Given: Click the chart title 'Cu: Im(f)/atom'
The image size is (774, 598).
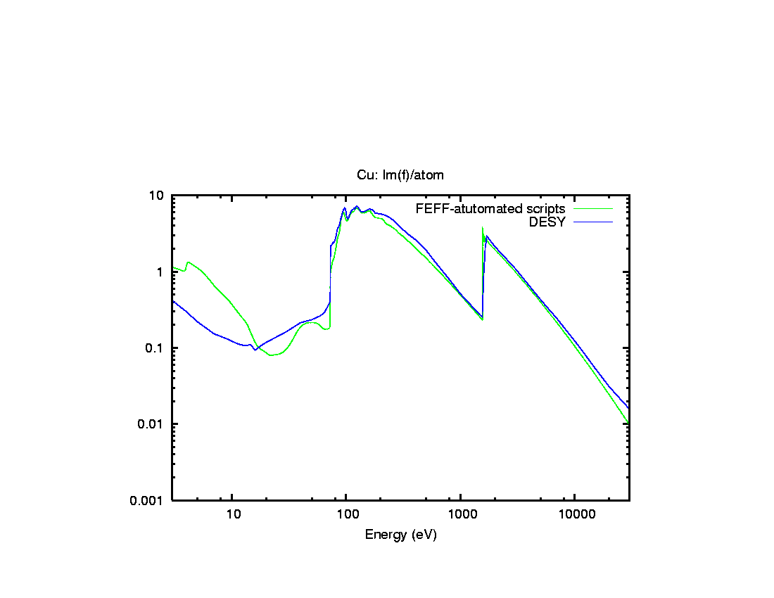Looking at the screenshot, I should coord(400,174).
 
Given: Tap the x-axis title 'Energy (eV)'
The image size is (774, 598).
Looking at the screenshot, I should coord(400,535).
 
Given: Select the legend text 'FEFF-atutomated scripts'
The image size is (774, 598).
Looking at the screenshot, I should coord(490,209).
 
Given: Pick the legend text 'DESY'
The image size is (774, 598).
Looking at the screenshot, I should coord(547,222).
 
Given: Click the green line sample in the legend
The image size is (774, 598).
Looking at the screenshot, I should coord(593,209).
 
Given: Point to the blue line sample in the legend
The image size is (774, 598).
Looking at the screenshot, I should coord(593,222).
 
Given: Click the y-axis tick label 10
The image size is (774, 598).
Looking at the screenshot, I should coord(158,196).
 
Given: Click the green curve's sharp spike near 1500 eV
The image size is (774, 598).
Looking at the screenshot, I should coord(483,228).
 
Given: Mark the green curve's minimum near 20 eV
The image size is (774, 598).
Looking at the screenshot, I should coord(272,355).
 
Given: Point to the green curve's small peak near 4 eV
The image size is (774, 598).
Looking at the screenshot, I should coord(188,262).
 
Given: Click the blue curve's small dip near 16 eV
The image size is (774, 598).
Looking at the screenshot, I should coord(255,350).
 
